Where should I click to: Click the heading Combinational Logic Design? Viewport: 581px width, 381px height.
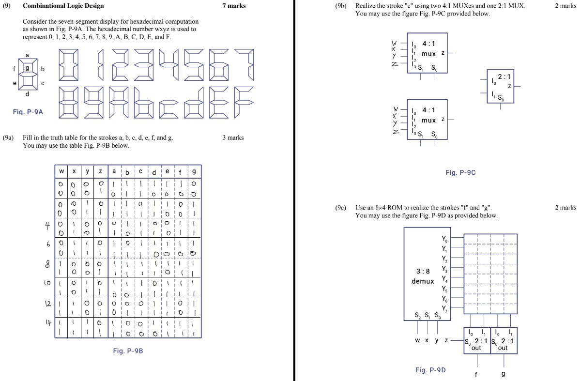(x=63, y=6)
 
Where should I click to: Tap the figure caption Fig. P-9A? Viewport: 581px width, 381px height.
(x=28, y=112)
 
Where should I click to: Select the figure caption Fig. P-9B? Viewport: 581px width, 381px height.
(x=128, y=351)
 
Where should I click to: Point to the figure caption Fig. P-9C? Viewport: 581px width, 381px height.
(x=460, y=172)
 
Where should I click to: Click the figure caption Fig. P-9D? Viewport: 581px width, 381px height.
(x=430, y=370)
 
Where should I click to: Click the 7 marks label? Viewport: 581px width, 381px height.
(x=234, y=6)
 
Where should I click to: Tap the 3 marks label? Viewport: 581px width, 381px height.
(x=233, y=138)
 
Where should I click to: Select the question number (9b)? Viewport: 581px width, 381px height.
(x=341, y=6)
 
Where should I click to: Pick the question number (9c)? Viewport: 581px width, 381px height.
(x=341, y=208)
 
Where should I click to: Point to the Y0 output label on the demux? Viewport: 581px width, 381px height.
(x=445, y=240)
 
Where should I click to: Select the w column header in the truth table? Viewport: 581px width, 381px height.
(x=61, y=171)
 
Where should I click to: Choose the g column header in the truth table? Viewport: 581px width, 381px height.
(x=194, y=171)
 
